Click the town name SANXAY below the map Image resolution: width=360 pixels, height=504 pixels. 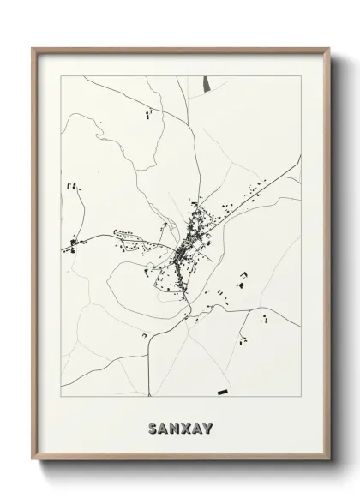point(180,424)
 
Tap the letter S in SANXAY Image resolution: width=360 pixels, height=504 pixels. point(153,424)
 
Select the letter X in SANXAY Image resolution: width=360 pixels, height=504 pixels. point(181,424)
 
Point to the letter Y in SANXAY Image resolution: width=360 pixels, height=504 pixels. point(207,424)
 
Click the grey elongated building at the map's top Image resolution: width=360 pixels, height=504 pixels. point(206,85)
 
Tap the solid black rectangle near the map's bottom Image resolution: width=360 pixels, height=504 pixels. point(225,390)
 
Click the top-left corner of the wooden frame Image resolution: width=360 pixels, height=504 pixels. point(33,49)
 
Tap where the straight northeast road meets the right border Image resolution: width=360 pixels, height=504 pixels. point(300,156)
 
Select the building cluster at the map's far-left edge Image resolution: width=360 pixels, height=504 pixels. point(73,244)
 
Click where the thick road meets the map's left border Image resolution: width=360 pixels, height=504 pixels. point(61,249)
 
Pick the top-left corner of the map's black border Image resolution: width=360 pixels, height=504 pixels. point(61,75)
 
